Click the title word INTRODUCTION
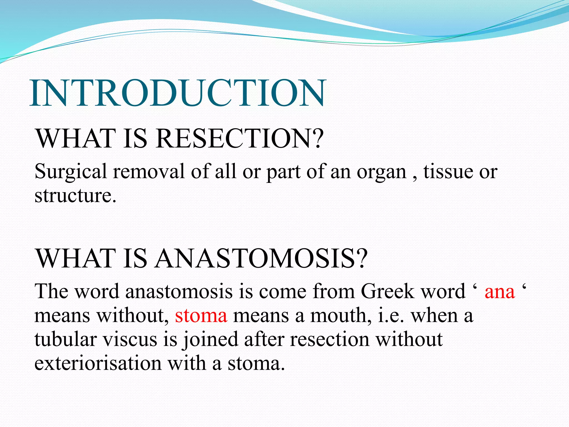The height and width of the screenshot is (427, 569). point(178,93)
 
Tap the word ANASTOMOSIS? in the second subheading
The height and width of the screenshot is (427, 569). point(261,259)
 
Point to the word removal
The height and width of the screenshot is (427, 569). point(149,172)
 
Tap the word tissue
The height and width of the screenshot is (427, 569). point(448,172)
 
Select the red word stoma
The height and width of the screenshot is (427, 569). point(201,316)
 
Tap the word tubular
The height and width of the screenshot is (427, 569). point(66,340)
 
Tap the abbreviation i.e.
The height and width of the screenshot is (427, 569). point(391,316)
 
